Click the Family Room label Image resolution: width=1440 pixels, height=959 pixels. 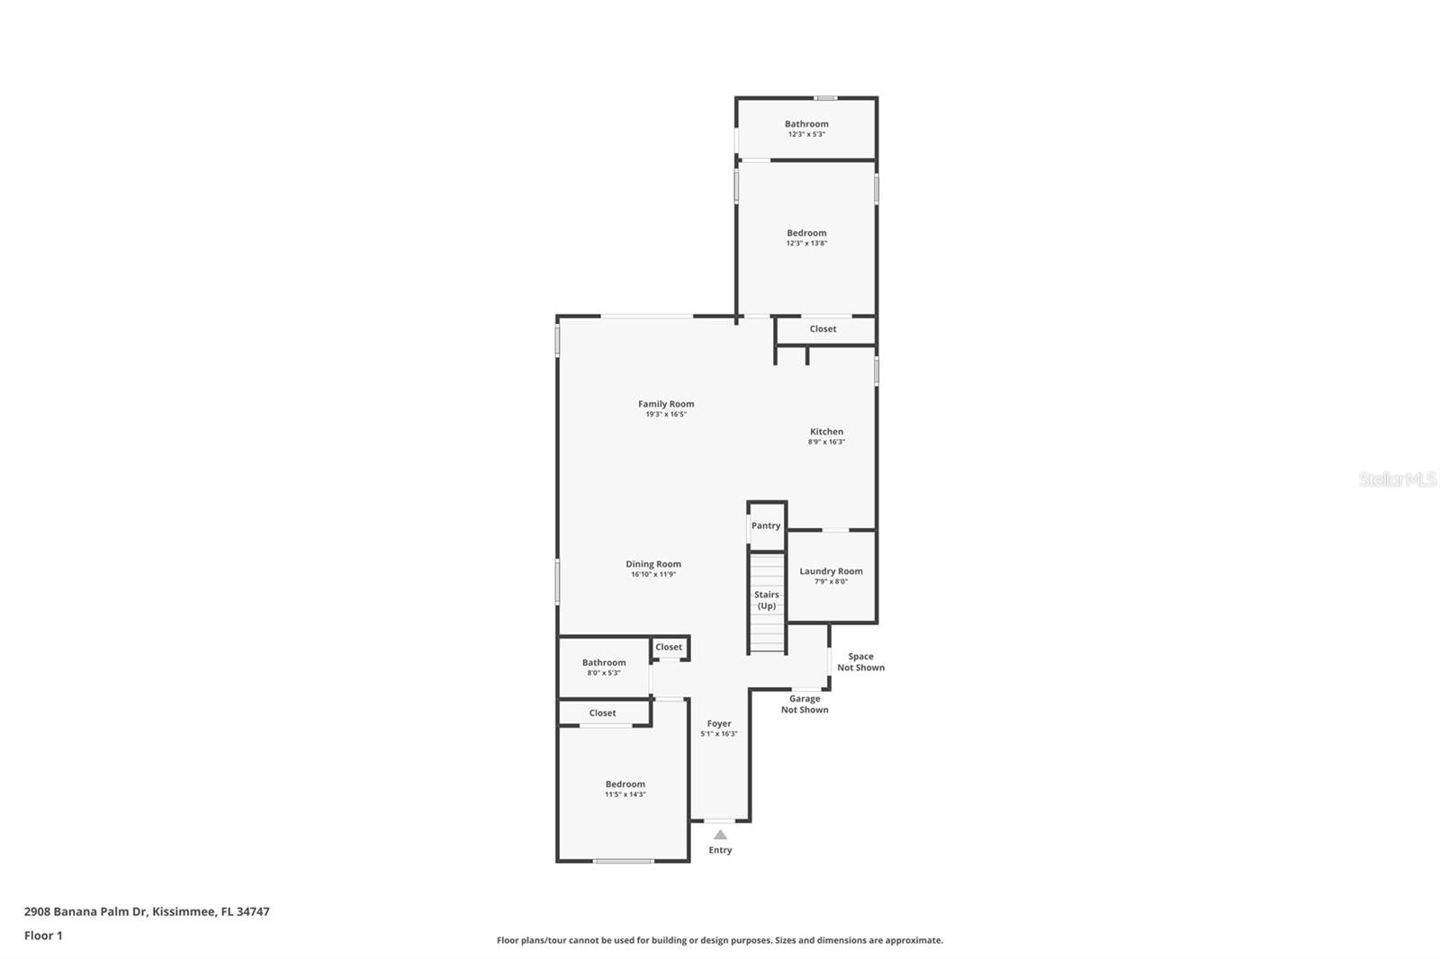coord(666,404)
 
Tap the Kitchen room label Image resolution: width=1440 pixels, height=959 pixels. coord(826,432)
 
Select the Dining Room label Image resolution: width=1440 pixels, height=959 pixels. coord(653,564)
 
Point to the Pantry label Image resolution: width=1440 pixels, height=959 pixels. coord(766,526)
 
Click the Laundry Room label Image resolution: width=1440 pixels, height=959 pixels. coord(831,571)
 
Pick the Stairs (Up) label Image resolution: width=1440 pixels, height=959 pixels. coord(767,600)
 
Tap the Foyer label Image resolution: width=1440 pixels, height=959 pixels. coord(719,723)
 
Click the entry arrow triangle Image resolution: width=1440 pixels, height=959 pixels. coord(720,835)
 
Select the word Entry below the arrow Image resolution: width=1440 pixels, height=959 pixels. coord(720,850)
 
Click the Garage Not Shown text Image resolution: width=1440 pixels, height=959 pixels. coord(805,704)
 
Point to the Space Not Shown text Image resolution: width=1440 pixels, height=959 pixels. coord(860,662)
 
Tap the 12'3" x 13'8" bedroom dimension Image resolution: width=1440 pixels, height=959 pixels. coord(806,243)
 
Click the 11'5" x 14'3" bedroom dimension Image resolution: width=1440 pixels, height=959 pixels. coord(625,794)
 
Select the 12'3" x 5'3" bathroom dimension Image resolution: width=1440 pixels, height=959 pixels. coord(806,134)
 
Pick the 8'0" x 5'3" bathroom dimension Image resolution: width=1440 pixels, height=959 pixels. coord(603,673)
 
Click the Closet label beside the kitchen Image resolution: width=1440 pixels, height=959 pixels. coord(823,329)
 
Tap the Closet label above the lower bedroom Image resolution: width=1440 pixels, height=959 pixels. coord(602,713)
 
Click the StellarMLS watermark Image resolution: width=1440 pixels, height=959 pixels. coord(1397,479)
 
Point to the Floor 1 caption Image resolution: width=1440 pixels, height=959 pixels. coord(43,936)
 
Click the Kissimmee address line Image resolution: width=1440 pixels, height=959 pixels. coord(147,911)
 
